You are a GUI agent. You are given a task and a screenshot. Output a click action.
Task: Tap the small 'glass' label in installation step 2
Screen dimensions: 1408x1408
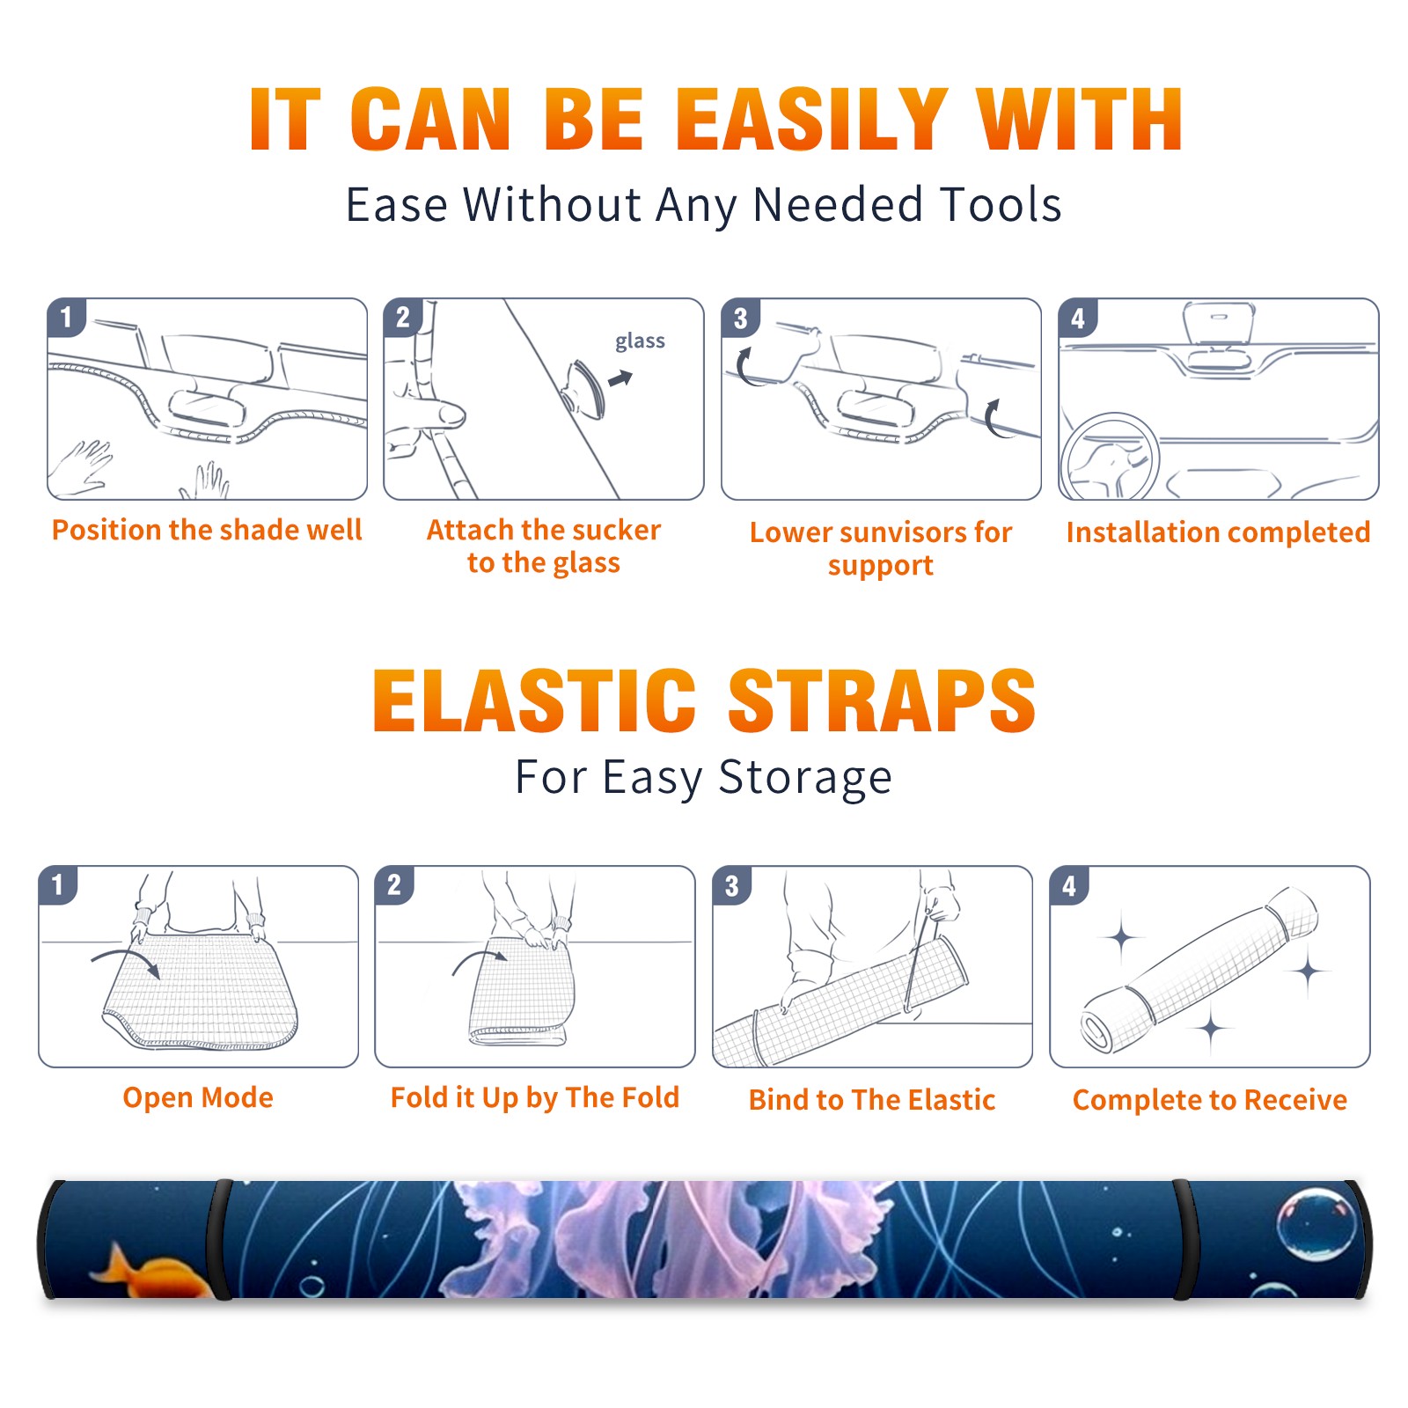[640, 341]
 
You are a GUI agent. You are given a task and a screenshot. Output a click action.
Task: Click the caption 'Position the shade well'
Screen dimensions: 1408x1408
[207, 530]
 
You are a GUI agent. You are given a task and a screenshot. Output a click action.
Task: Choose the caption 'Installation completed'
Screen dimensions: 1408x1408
[1218, 532]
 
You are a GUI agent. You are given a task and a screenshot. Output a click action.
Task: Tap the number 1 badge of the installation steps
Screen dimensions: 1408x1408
[66, 317]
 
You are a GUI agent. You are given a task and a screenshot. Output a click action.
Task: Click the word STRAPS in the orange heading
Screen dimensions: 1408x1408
[882, 700]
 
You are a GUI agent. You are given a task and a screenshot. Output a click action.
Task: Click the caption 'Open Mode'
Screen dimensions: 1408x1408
[198, 1097]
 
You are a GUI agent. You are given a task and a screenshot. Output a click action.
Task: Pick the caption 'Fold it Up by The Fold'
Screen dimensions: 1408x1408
[535, 1097]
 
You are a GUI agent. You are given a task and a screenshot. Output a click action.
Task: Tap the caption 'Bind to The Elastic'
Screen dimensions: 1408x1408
[872, 1100]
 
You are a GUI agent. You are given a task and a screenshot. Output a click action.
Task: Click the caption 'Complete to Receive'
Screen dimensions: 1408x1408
[1210, 1100]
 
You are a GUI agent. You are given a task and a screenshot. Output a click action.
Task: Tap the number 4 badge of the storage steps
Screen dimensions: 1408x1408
[1069, 885]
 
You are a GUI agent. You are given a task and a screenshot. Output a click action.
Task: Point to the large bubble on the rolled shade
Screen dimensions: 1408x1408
[1316, 1225]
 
